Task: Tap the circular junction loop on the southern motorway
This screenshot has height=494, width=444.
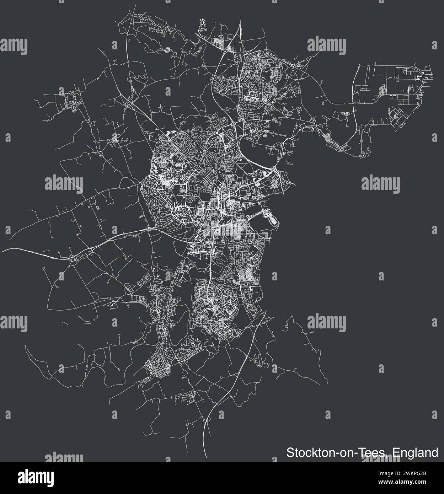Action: point(208,420)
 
